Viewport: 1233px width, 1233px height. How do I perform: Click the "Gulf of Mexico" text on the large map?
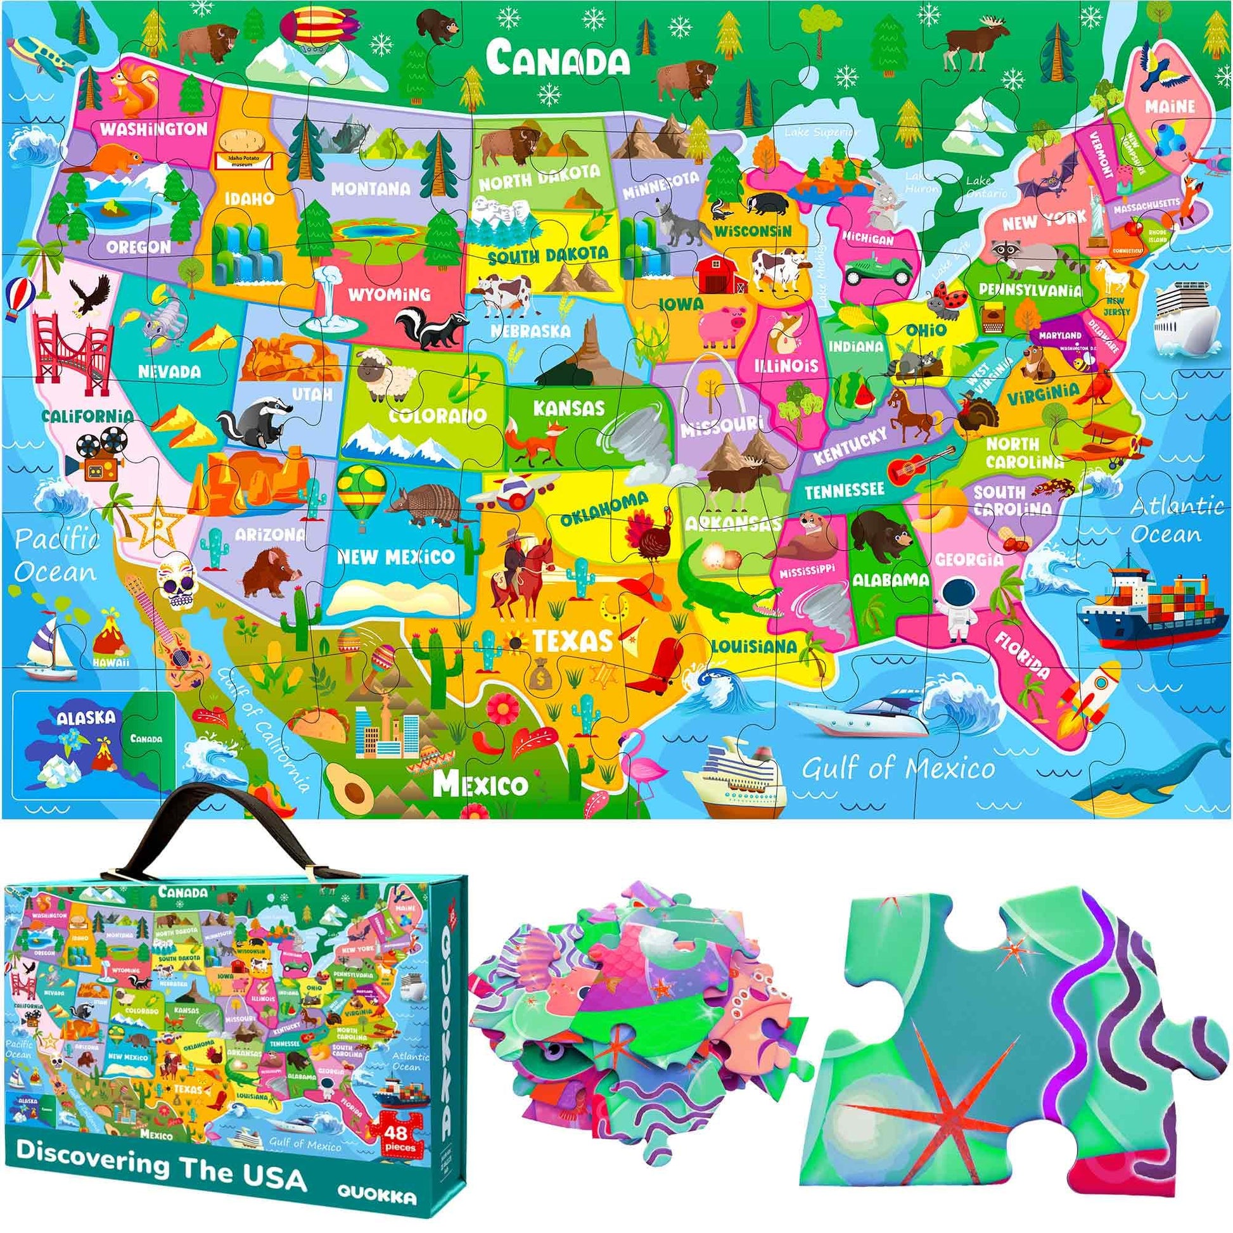(898, 769)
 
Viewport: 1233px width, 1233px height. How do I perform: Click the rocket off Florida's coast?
(1092, 699)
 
